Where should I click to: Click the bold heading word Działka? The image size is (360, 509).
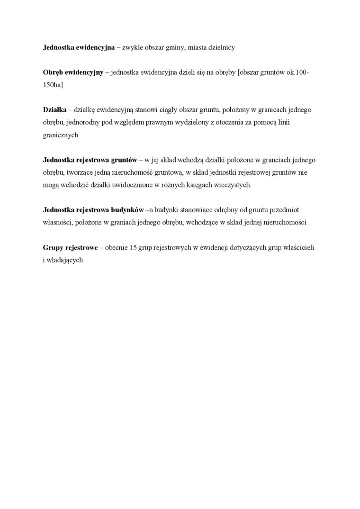[x=54, y=110]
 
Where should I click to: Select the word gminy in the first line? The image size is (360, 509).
[x=178, y=48]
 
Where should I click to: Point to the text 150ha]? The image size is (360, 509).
[x=53, y=85]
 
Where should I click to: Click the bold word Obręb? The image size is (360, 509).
[x=53, y=72]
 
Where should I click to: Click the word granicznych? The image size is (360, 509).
[x=60, y=135]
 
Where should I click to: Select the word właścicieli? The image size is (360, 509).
[x=299, y=247]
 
